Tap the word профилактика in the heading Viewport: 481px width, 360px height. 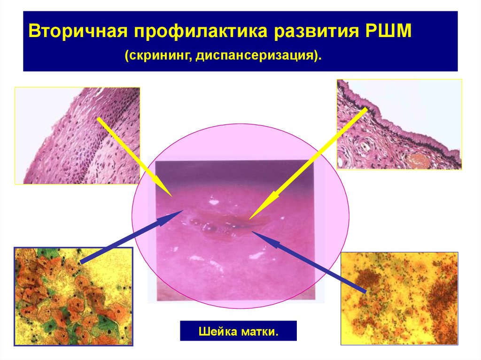[x=201, y=31]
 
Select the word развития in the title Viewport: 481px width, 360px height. [x=316, y=31]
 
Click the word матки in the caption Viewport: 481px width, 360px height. [x=259, y=331]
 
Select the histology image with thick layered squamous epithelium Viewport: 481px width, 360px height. [x=78, y=136]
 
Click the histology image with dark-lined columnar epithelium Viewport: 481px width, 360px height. [x=399, y=124]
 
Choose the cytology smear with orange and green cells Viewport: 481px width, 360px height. [x=73, y=297]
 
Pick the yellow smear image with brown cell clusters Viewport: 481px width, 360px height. [x=399, y=299]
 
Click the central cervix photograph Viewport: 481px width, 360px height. [x=235, y=230]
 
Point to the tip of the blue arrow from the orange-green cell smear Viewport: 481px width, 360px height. [x=184, y=210]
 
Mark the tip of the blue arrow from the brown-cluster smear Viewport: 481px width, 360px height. [x=252, y=231]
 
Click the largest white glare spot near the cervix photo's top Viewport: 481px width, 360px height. [x=213, y=202]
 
